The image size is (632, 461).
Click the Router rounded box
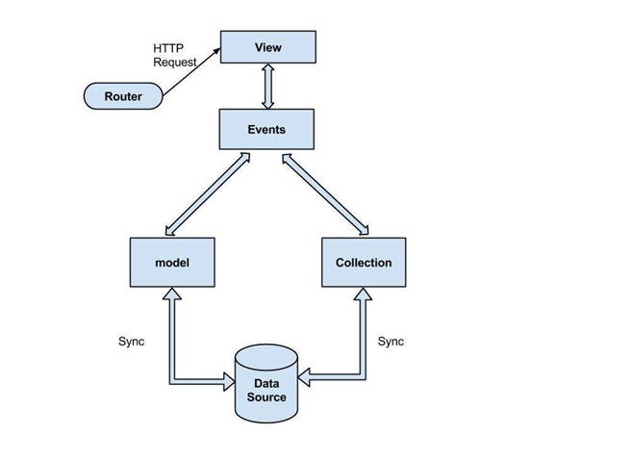(122, 96)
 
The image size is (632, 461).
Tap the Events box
(267, 129)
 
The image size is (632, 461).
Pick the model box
(170, 263)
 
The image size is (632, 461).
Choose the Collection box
(363, 263)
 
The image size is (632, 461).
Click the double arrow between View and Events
(267, 88)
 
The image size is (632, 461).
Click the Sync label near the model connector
(131, 342)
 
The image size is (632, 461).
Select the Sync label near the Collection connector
(392, 342)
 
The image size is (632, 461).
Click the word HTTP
(167, 47)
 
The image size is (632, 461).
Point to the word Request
(175, 62)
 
